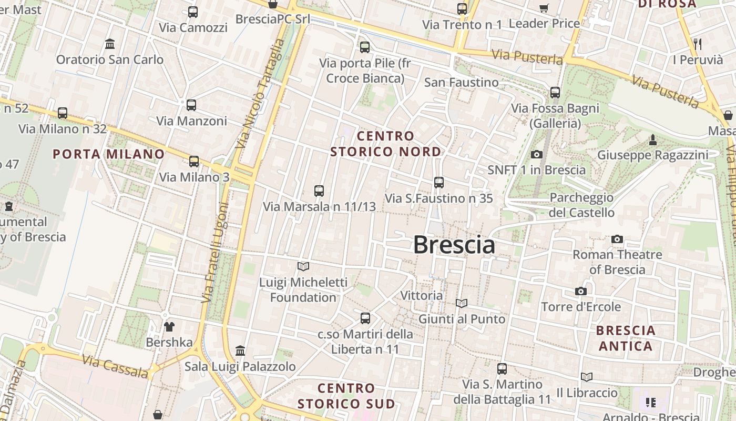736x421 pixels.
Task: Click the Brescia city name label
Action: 454,245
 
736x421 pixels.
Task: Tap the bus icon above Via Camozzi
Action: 193,12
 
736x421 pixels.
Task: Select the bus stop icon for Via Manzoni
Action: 191,105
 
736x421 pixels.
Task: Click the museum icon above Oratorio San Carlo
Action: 110,44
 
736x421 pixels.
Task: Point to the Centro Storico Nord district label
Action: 386,144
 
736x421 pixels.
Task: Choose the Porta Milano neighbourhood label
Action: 109,154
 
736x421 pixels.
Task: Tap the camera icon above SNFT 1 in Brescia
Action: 536,154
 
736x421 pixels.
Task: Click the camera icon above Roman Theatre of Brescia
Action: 617,239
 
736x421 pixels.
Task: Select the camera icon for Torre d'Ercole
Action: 581,292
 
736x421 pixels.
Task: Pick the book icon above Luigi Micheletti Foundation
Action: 303,266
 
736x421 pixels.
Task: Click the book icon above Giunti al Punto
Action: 462,303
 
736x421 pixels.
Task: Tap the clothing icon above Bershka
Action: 169,327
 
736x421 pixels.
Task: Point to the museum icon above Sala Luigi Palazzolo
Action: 240,350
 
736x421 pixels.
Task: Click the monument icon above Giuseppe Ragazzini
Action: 652,139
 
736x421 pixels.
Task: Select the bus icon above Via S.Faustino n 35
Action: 439,183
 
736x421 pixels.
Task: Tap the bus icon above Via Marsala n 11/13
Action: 319,191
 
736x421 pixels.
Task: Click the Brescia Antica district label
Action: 626,338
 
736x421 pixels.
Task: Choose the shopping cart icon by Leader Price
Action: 544,8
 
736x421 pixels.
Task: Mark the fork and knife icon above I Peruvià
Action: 698,44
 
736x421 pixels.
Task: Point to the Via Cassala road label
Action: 116,366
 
